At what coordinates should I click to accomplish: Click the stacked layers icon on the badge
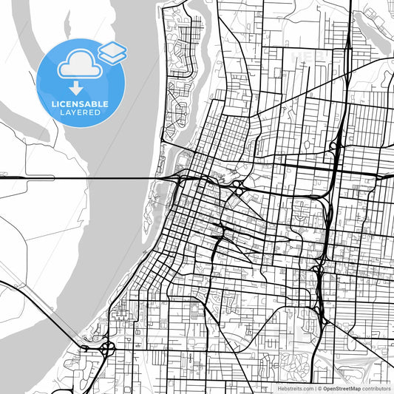pos(112,51)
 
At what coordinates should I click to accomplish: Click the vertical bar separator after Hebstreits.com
pos(315,387)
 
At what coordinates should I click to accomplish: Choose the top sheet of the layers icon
pos(113,47)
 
